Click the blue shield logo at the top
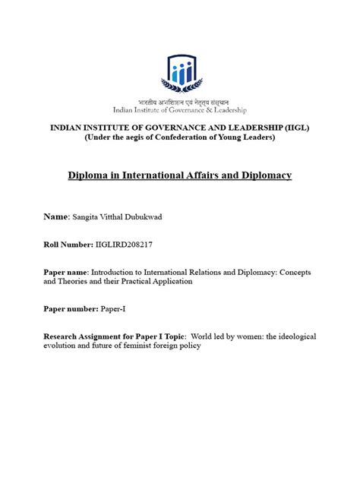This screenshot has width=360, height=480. click(x=180, y=73)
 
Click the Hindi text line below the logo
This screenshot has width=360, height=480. click(x=180, y=100)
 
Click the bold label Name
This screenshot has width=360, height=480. click(x=58, y=216)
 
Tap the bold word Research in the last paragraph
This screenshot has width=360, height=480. click(x=66, y=335)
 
